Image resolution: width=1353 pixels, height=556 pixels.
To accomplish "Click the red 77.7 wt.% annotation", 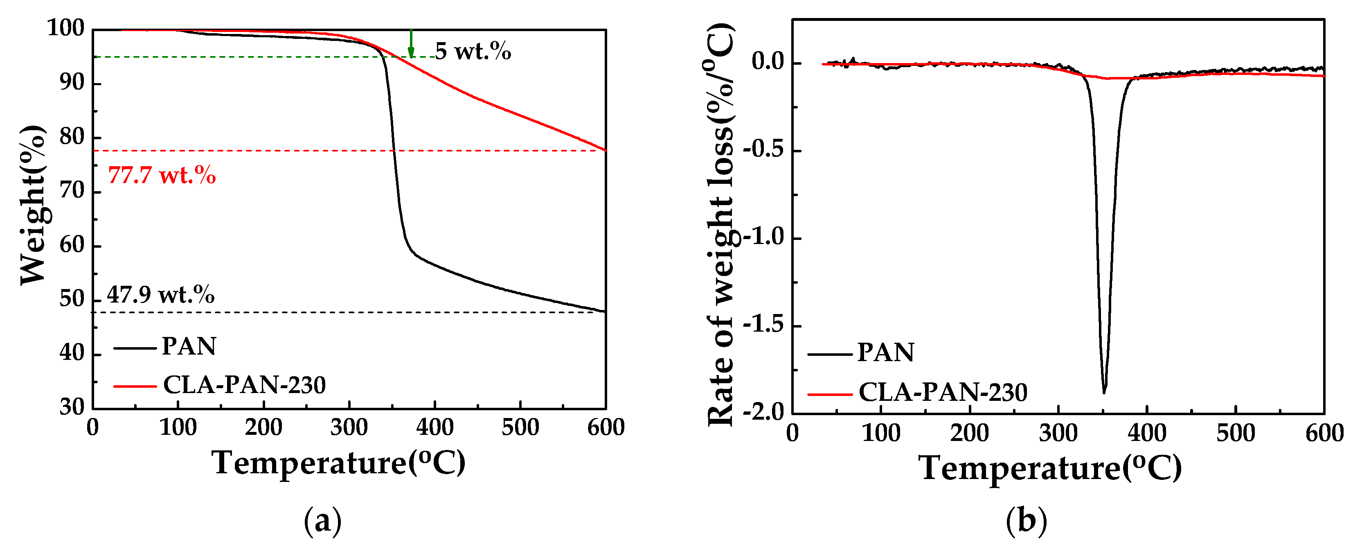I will point(162,175).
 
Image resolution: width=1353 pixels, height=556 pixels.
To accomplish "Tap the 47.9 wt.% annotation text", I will point(161,295).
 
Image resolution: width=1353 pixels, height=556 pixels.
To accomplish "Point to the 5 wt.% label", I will point(473,52).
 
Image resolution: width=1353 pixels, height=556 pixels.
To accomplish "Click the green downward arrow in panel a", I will point(411,45).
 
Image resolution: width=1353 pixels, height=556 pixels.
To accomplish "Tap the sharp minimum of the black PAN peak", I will point(1104,391).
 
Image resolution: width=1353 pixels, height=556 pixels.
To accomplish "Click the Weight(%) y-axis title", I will point(33,205).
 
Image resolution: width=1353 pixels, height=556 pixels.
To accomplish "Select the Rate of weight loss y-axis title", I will point(720,225).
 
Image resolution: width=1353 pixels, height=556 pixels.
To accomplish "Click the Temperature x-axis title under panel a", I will point(339,463).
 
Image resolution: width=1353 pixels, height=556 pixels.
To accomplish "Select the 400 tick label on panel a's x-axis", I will point(434,427).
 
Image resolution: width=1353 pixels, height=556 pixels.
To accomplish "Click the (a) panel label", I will point(322,521).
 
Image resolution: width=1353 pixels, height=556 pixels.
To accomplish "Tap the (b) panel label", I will point(1026,521).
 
